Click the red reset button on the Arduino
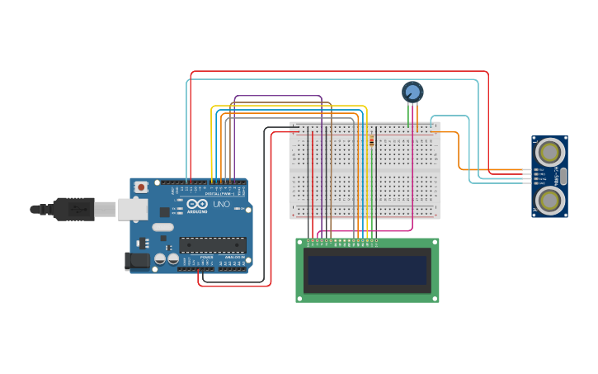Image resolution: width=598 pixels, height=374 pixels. click(142, 187)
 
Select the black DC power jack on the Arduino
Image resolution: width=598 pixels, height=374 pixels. click(137, 262)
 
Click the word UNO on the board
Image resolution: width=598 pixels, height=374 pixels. click(221, 204)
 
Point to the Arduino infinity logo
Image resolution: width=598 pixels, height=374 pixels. click(197, 203)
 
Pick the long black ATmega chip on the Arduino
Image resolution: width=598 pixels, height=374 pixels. click(213, 244)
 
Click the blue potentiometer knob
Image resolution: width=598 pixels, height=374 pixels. click(412, 92)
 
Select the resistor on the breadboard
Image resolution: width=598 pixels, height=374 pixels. click(371, 141)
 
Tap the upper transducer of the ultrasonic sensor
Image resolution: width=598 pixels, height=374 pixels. click(550, 152)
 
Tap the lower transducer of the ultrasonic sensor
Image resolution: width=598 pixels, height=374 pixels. click(550, 200)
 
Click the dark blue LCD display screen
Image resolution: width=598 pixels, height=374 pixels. click(367, 269)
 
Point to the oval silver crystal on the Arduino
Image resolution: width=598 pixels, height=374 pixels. click(162, 227)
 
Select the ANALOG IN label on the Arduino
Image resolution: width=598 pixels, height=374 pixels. click(233, 258)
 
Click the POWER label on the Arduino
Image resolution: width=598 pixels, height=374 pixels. click(206, 258)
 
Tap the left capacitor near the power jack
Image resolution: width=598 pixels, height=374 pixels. click(160, 259)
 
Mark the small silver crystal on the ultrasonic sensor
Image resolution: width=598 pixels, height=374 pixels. click(563, 176)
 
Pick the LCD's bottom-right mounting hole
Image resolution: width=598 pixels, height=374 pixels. click(435, 298)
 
